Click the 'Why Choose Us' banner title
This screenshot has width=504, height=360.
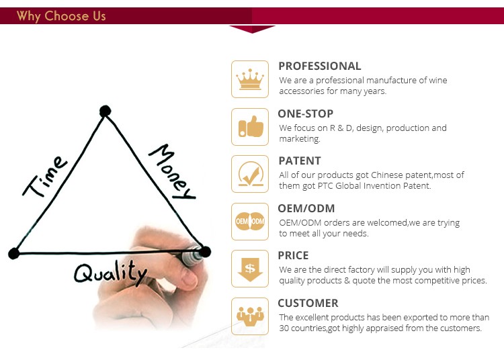tap(61, 16)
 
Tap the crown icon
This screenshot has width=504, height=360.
tap(250, 79)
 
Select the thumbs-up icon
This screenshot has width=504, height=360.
tap(251, 126)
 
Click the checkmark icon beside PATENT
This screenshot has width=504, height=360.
tap(251, 174)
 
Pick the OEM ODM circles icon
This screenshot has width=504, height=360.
tap(250, 221)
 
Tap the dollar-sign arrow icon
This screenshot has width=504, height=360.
tap(250, 269)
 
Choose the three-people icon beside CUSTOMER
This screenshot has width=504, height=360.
tap(250, 316)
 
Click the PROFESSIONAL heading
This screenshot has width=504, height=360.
tap(319, 66)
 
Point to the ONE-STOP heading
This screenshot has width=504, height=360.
tap(305, 114)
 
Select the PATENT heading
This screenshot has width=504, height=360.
tap(300, 161)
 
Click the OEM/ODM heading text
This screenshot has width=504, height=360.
tap(306, 208)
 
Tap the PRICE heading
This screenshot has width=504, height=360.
tap(293, 255)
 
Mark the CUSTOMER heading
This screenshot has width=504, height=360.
tap(308, 303)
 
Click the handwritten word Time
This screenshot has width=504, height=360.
tap(45, 176)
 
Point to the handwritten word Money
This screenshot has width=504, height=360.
tap(172, 172)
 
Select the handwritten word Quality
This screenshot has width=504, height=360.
tap(110, 272)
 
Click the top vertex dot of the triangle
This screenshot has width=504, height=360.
tap(105, 111)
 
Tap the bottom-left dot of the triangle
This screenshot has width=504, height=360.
tap(14, 253)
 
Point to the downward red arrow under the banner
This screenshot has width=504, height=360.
tap(252, 29)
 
